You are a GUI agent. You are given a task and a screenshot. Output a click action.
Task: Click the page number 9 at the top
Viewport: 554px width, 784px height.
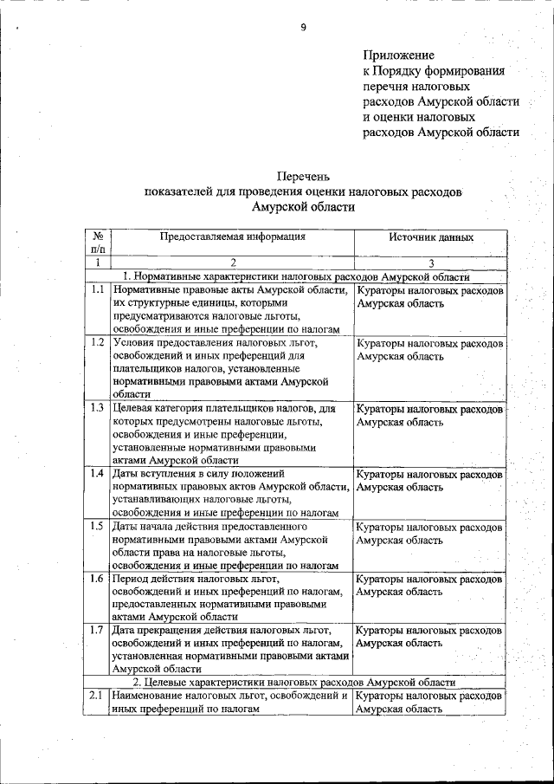click(304, 27)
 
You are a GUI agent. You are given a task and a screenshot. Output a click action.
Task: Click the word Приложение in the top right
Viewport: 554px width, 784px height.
click(399, 55)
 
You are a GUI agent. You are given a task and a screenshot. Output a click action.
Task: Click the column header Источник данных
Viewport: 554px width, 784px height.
click(430, 236)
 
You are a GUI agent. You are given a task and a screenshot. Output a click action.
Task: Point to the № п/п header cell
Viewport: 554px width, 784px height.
click(98, 242)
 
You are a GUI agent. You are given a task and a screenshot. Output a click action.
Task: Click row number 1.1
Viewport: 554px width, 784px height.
click(97, 291)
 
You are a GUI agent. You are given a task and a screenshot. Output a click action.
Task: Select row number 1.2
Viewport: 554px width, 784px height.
click(97, 342)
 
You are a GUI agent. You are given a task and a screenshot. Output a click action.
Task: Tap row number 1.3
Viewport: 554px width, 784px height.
click(97, 407)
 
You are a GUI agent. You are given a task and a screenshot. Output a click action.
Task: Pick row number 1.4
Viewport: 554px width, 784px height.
click(97, 473)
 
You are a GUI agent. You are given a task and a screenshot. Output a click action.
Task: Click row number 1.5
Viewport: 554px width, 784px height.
click(97, 525)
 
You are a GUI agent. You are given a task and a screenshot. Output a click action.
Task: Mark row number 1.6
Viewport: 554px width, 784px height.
click(97, 578)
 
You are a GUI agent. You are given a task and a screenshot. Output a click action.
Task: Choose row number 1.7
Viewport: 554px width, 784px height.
click(97, 630)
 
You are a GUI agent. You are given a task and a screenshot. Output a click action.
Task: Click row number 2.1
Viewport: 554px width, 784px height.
click(97, 695)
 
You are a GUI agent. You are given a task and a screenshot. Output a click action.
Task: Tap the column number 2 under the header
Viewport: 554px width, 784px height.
click(233, 262)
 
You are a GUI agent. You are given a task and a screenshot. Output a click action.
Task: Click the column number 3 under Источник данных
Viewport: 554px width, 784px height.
click(430, 262)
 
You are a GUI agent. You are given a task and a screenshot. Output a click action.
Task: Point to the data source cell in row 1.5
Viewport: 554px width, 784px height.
click(429, 533)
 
